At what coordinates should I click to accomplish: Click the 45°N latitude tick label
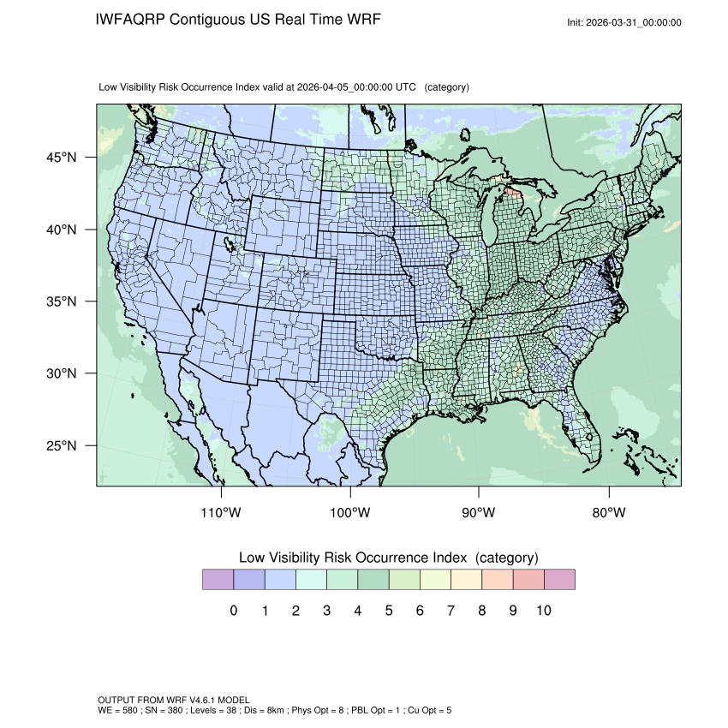click(x=61, y=158)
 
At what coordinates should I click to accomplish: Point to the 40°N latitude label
click(x=61, y=230)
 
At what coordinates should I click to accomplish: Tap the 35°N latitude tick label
click(x=61, y=301)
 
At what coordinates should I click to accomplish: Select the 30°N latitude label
click(x=61, y=373)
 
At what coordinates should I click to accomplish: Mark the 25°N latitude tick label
click(x=61, y=445)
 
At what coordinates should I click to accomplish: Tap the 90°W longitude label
click(x=479, y=513)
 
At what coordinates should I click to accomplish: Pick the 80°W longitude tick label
click(x=609, y=513)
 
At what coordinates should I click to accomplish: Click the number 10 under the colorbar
click(x=544, y=611)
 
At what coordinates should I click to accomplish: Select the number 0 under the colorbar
click(x=234, y=611)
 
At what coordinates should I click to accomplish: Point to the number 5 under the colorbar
click(x=389, y=611)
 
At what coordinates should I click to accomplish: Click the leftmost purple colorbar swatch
click(x=218, y=580)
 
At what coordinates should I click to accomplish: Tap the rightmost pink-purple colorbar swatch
click(x=559, y=580)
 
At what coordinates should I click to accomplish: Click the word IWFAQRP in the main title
click(x=131, y=20)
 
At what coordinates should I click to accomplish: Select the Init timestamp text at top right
click(x=624, y=22)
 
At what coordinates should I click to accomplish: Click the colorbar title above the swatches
click(x=388, y=558)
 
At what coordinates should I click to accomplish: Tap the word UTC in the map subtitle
click(x=406, y=87)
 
